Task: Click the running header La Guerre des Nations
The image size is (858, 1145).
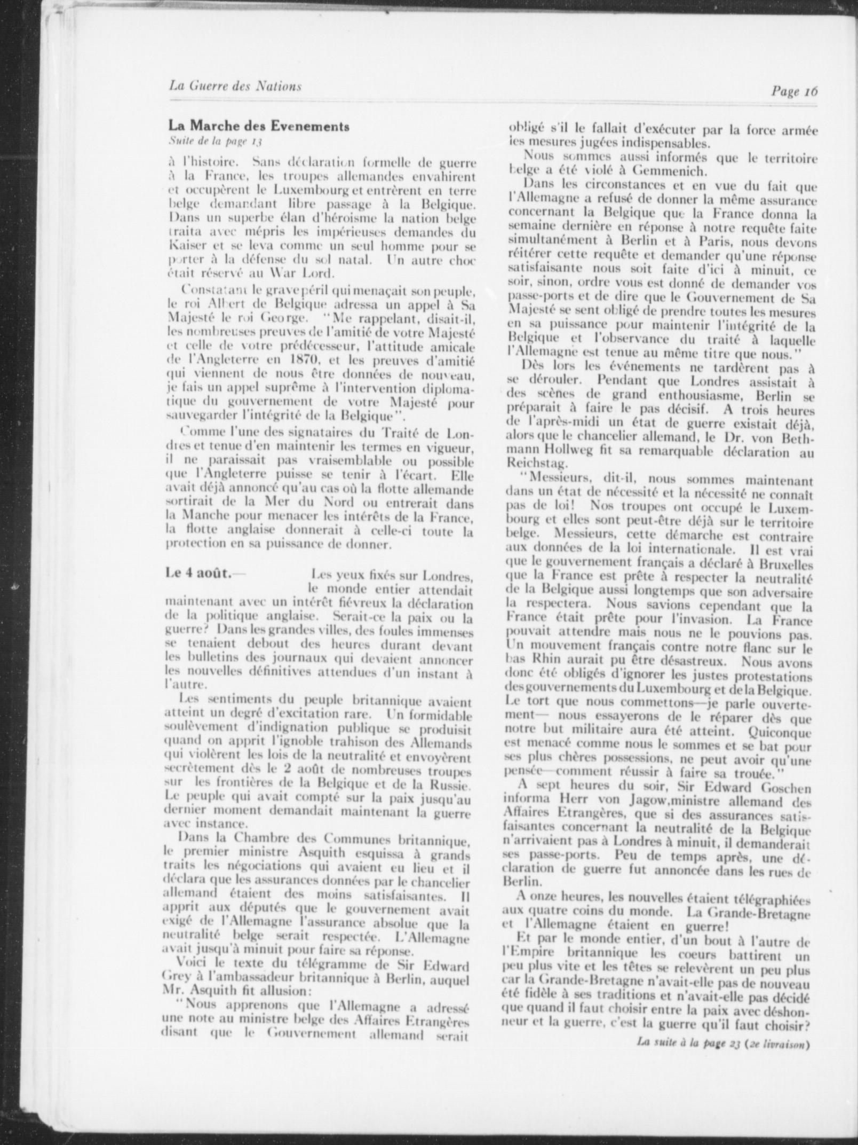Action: coord(235,85)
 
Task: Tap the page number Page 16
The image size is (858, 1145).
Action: coord(794,90)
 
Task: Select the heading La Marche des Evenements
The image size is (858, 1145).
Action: coord(259,127)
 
